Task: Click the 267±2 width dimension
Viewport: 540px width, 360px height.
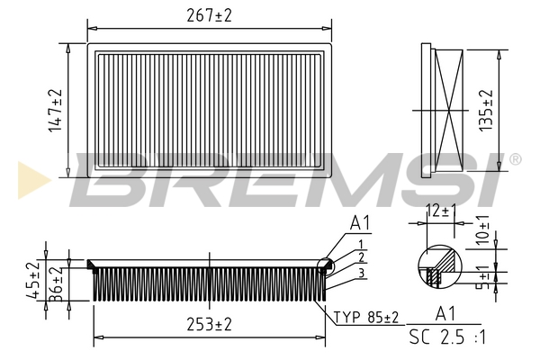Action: click(209, 15)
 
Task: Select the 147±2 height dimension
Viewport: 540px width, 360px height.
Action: click(55, 111)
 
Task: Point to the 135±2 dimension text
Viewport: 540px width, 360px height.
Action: click(486, 111)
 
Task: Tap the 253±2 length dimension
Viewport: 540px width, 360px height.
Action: click(209, 324)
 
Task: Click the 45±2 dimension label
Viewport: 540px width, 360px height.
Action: click(33, 280)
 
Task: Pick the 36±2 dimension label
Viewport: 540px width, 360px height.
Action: click(56, 283)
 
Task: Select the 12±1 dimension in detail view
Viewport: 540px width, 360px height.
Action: click(441, 211)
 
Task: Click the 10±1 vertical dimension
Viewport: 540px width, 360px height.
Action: click(482, 229)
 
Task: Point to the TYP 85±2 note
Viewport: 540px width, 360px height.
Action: click(366, 317)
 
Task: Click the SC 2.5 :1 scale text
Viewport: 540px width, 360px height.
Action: click(447, 337)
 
